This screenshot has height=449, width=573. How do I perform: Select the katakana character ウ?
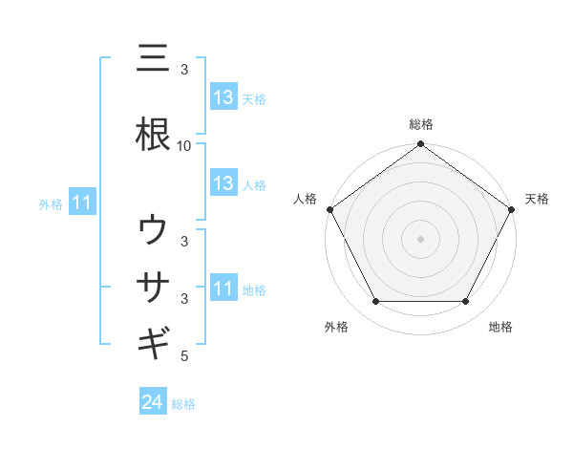click(x=153, y=229)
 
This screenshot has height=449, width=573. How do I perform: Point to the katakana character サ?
click(x=153, y=286)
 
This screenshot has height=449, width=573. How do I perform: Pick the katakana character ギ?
click(x=153, y=341)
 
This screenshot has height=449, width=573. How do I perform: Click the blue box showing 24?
click(x=153, y=403)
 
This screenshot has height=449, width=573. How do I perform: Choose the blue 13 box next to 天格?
click(x=223, y=97)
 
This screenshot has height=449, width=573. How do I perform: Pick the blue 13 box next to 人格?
click(x=223, y=183)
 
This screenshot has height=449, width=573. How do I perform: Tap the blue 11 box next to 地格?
click(x=223, y=289)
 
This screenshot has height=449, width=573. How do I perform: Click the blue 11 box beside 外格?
click(x=81, y=203)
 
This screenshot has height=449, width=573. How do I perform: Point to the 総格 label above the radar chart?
click(x=420, y=124)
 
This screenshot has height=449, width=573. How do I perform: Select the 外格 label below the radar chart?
click(x=336, y=327)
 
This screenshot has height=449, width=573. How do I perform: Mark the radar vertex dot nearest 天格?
click(x=512, y=209)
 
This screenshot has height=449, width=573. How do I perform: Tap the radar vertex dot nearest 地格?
click(x=466, y=302)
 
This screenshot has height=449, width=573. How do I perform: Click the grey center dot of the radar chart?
click(x=420, y=238)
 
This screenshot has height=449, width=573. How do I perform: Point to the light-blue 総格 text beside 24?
click(x=183, y=404)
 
